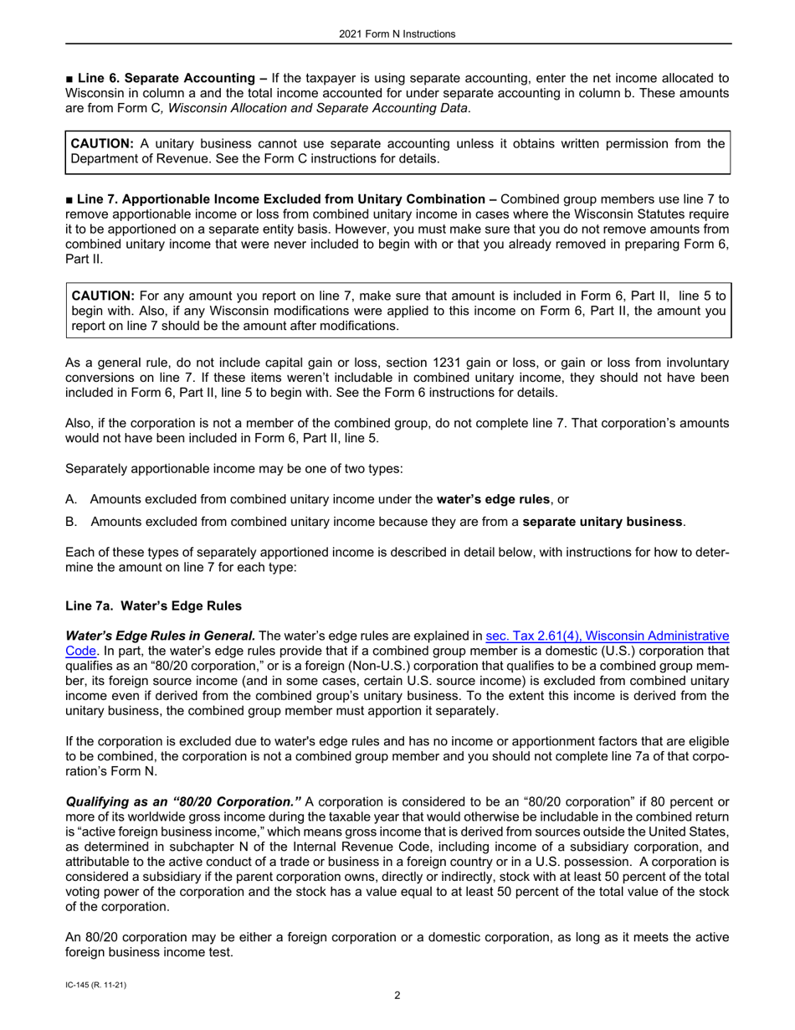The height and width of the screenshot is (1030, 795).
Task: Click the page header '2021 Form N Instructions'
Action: point(397,34)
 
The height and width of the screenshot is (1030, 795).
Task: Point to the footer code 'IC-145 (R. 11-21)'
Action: point(95,986)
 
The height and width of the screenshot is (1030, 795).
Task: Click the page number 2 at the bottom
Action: point(397,996)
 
